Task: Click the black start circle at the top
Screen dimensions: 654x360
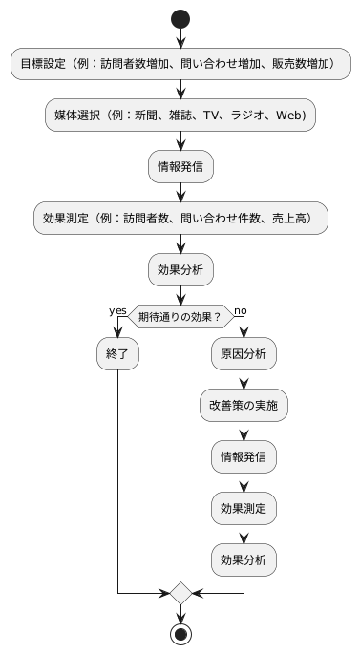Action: click(x=180, y=20)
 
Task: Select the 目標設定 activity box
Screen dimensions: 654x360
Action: click(x=180, y=65)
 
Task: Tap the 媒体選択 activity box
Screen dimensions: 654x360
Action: click(x=180, y=116)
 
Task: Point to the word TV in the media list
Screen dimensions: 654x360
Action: click(x=223, y=116)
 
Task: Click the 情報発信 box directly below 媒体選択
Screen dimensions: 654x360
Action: click(x=180, y=166)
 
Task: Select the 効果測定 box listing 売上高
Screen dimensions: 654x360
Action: click(x=180, y=217)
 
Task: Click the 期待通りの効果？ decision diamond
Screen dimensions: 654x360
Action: click(x=180, y=317)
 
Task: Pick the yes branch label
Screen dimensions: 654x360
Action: click(x=117, y=310)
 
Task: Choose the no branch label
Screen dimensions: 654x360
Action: click(x=240, y=310)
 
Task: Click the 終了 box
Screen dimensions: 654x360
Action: click(x=117, y=354)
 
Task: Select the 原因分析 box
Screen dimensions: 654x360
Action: click(x=244, y=354)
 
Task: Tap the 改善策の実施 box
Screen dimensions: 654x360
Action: click(x=244, y=405)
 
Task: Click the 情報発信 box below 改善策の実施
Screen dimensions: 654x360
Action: click(x=244, y=455)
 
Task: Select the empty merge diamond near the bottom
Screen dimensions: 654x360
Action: click(x=180, y=593)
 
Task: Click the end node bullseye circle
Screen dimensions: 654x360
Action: click(x=180, y=633)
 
